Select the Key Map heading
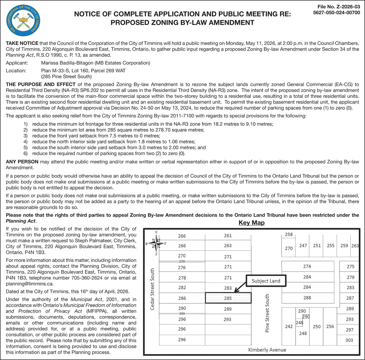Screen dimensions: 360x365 tap(251, 222)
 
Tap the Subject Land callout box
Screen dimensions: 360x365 tap(266, 281)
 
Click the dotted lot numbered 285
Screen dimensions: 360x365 tap(228, 298)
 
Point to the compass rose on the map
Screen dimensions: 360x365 tap(156, 243)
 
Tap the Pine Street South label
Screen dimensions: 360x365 tap(267, 313)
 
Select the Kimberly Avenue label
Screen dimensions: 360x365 tap(267, 350)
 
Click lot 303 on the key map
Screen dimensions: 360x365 tap(350, 340)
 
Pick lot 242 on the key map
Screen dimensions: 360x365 tap(289, 326)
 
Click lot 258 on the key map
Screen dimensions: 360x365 tap(289, 235)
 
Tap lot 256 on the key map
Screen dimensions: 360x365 tap(330, 326)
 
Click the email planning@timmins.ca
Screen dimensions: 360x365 tap(30, 283)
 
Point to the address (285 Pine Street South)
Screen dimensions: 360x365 tap(66, 77)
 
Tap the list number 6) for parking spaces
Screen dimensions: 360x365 tap(26, 154)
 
